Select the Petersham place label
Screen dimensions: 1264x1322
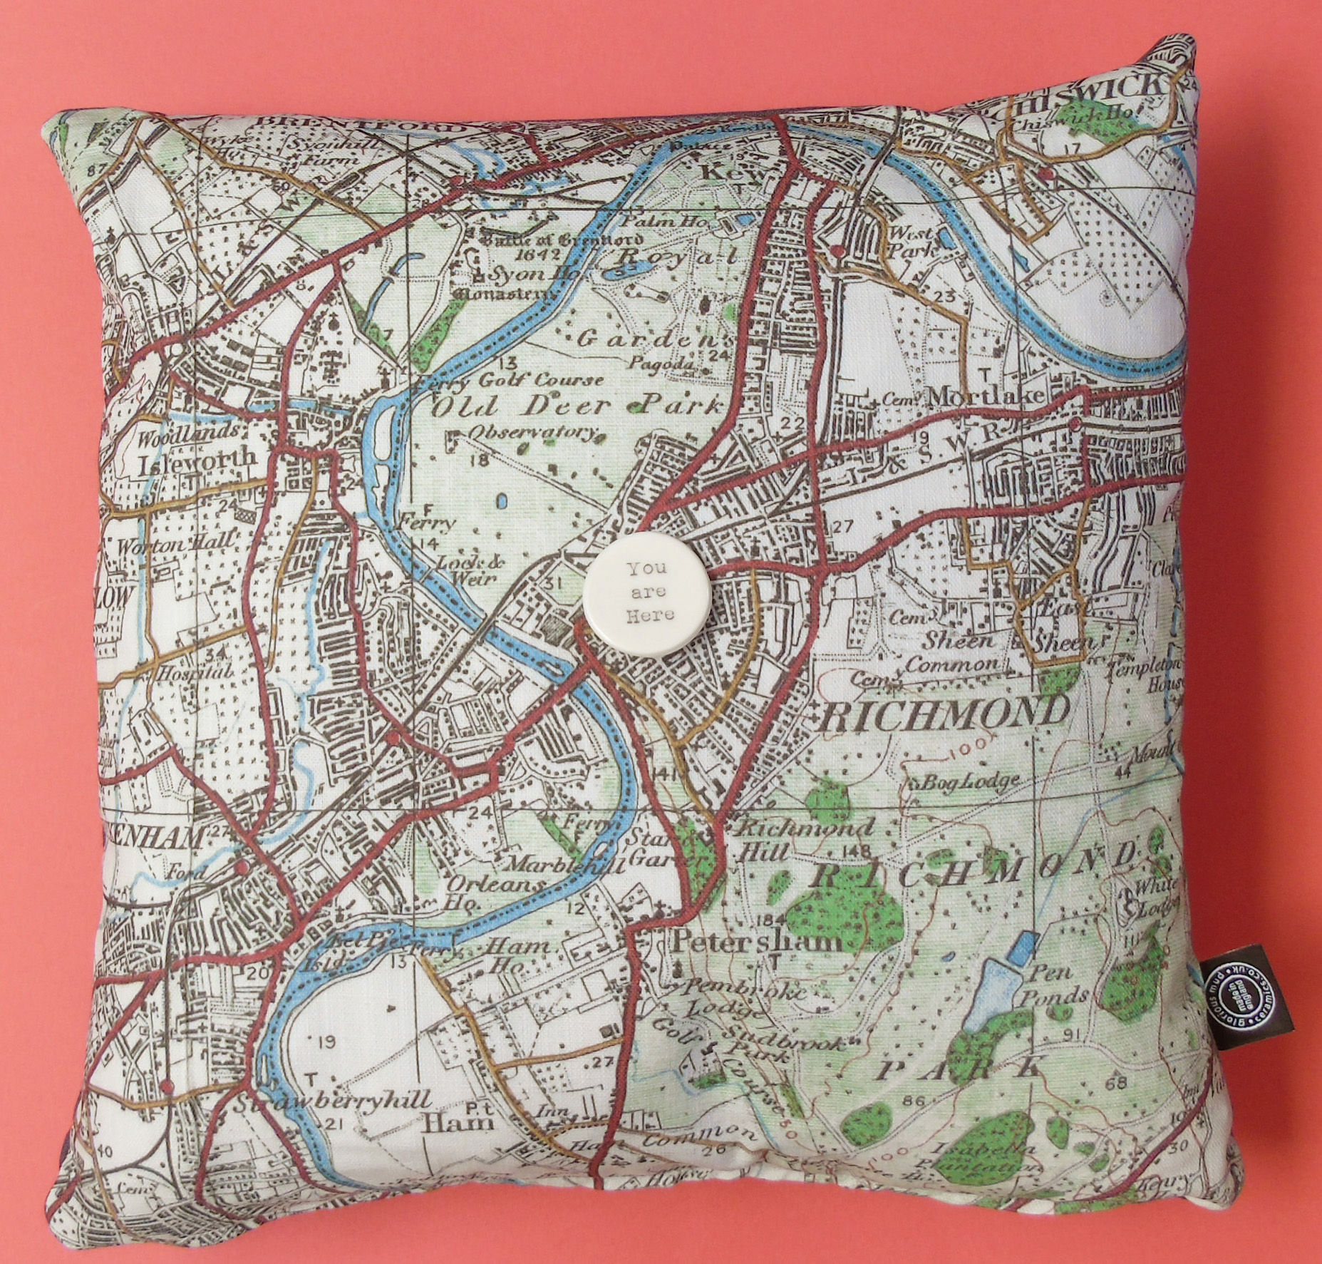point(756,942)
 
